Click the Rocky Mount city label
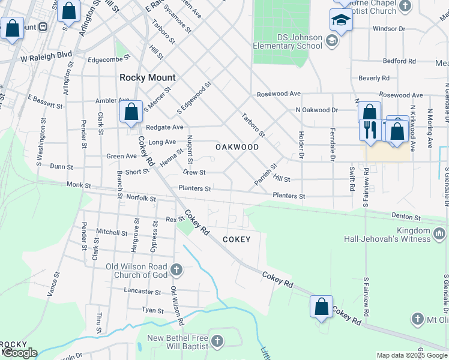tap(148, 77)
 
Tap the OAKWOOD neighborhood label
tap(237, 147)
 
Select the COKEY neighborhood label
tap(237, 239)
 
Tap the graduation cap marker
tap(341, 21)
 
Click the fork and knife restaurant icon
tap(369, 129)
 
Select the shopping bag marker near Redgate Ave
tap(131, 112)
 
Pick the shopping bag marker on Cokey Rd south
tap(322, 307)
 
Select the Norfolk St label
tap(141, 199)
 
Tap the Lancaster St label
tap(142, 292)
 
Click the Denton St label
tap(406, 216)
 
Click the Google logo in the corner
tap(20, 353)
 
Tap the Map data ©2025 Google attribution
tap(412, 355)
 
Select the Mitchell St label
tap(112, 232)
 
